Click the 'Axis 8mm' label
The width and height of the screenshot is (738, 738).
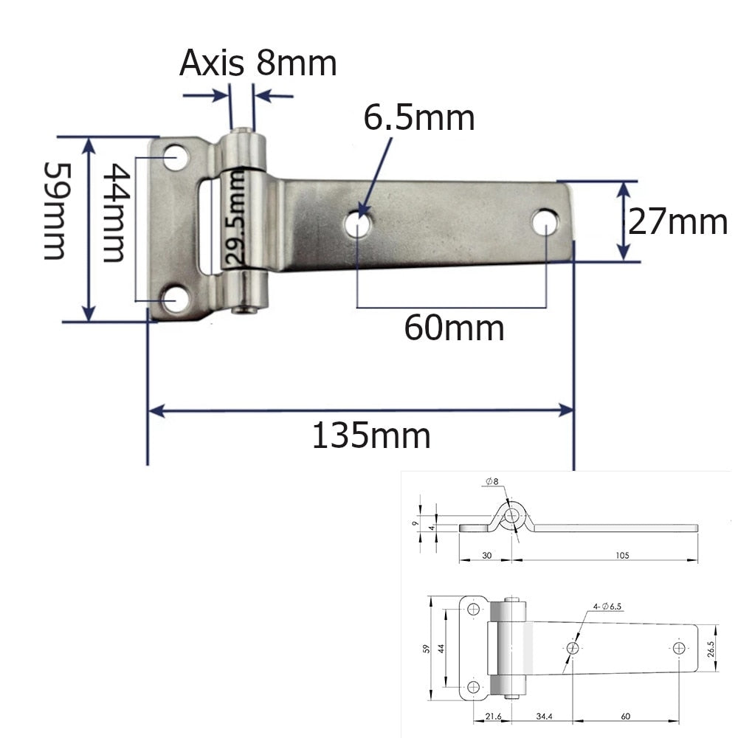coord(258,63)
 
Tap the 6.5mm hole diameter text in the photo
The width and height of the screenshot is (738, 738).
coord(418,117)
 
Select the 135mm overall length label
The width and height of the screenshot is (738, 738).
coord(370,436)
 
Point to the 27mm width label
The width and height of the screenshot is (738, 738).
coord(677,221)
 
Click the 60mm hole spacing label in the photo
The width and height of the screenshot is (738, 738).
coord(454,328)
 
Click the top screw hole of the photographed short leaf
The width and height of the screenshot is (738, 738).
coord(175,157)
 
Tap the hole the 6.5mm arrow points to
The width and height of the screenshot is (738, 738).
coord(358,224)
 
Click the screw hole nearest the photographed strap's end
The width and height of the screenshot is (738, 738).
coord(545,221)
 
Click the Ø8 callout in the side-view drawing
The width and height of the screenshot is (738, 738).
coord(492,482)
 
